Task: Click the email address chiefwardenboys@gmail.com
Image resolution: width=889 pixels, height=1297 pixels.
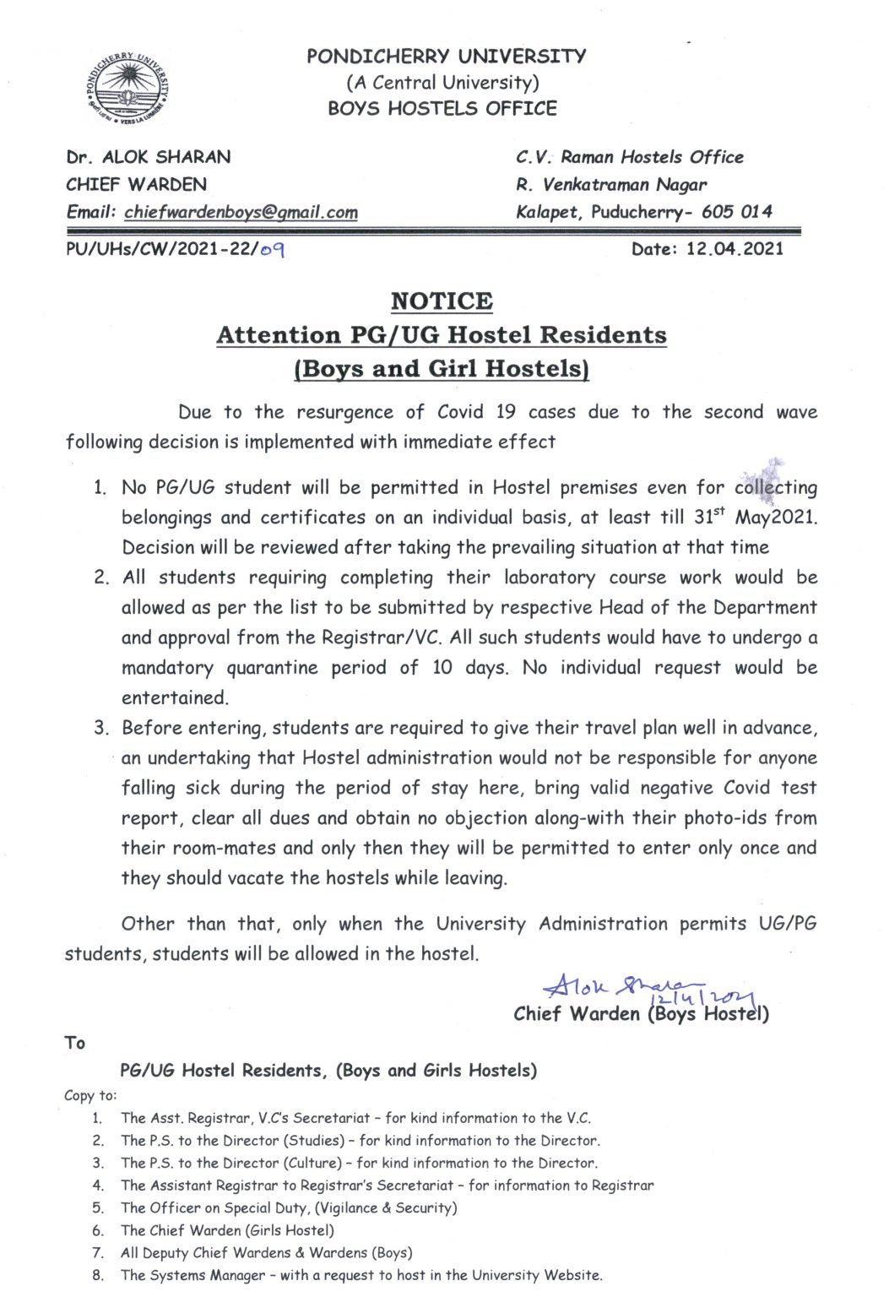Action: point(241,212)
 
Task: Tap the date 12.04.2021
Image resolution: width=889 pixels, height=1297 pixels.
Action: point(735,248)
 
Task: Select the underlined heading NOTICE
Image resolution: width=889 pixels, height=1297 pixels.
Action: point(442,301)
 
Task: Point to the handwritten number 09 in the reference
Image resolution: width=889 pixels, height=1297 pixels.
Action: point(272,249)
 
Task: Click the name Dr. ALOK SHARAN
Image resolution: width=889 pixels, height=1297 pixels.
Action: point(149,157)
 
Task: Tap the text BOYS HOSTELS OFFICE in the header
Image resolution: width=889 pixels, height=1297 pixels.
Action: point(442,108)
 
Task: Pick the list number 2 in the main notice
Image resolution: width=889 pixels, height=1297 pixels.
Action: point(101,578)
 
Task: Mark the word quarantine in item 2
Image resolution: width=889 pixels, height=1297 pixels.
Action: point(274,668)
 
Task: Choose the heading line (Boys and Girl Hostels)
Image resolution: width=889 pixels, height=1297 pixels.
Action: point(442,369)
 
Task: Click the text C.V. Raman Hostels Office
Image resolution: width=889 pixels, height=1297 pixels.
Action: point(629,157)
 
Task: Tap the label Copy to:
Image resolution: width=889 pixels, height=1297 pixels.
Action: point(90,1095)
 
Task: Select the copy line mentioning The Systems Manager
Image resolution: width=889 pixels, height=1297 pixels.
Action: point(361,1275)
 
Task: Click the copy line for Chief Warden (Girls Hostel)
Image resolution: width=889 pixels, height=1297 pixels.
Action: point(227,1230)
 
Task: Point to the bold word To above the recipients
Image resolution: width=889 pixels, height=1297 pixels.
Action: point(75,1043)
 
